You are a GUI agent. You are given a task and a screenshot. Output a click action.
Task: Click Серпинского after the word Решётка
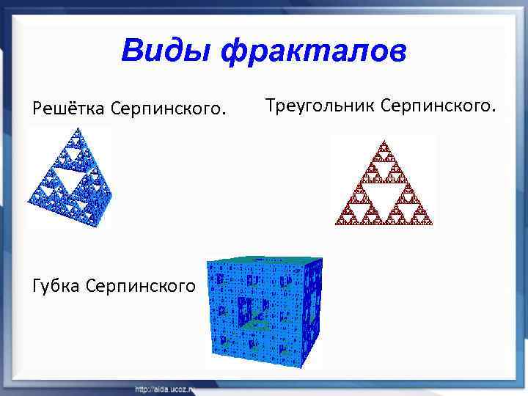click(x=168, y=109)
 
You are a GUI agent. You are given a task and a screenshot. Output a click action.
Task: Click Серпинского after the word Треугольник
click(x=439, y=106)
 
